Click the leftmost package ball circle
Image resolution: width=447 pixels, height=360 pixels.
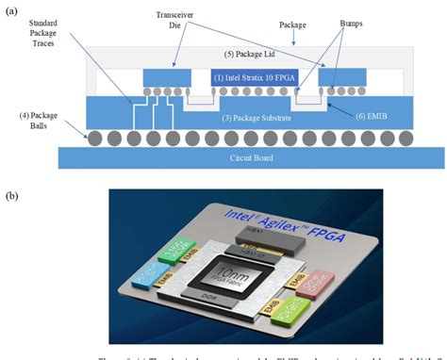click(x=94, y=139)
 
